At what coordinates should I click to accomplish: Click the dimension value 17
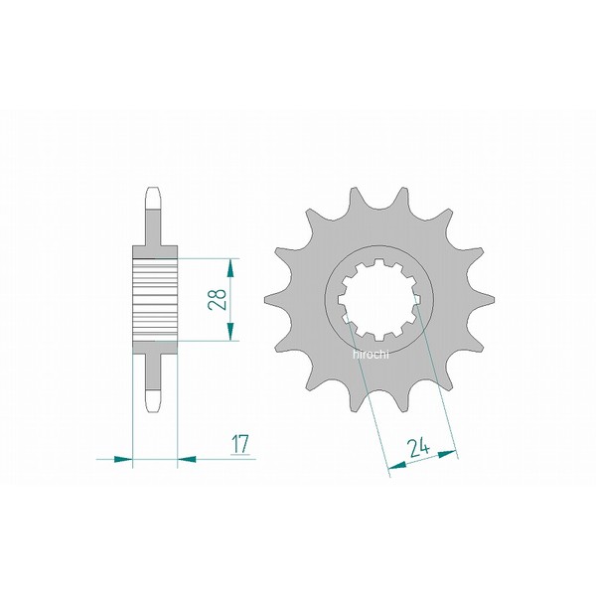point(240,444)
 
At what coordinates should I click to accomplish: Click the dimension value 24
point(418,448)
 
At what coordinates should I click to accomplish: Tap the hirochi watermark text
point(371,355)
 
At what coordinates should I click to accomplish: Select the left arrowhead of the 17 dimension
point(123,459)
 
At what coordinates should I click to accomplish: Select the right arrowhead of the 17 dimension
point(187,459)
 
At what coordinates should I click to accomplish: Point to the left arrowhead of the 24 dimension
point(397,465)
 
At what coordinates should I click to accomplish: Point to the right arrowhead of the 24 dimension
point(447,454)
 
